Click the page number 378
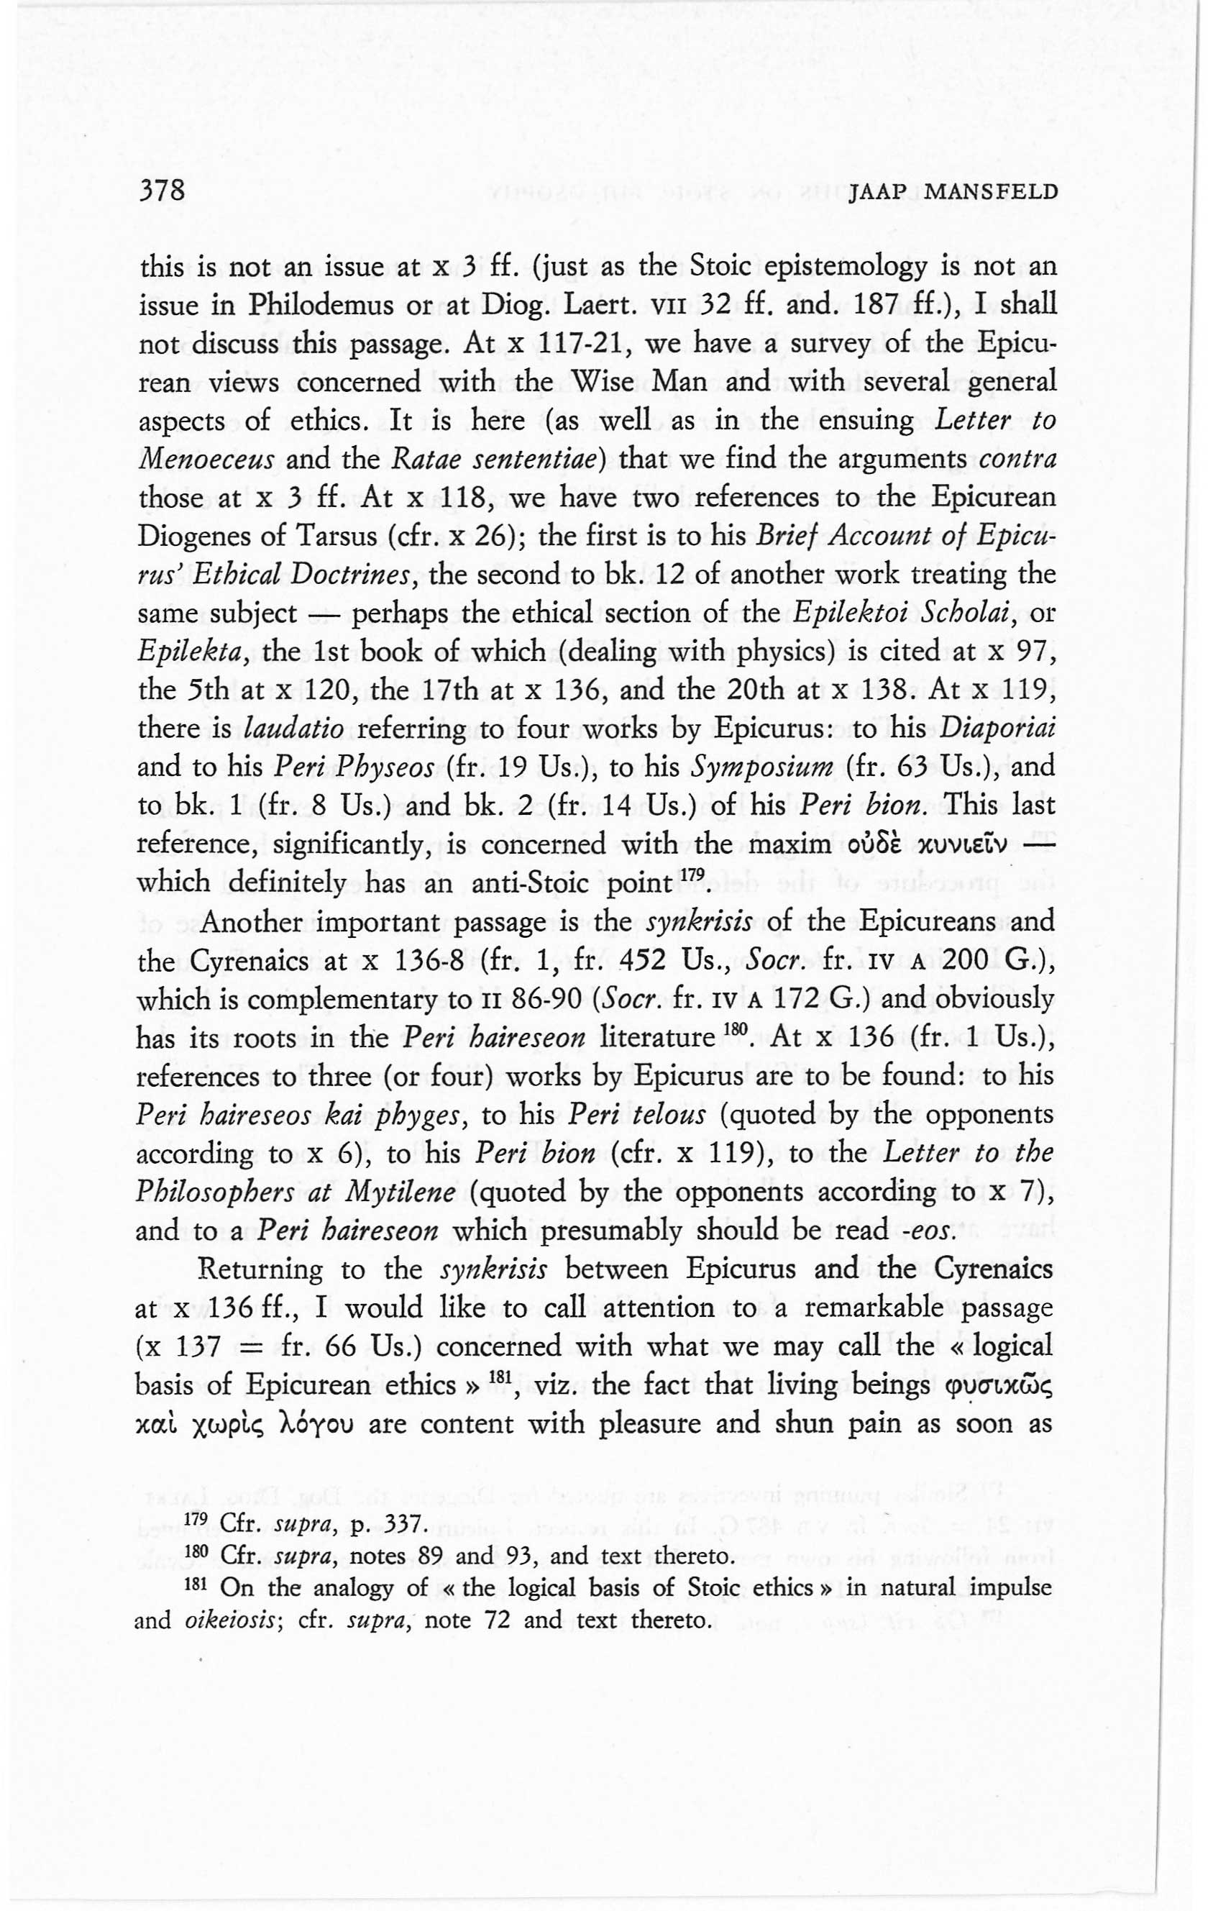click(162, 191)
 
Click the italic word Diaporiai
click(997, 729)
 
